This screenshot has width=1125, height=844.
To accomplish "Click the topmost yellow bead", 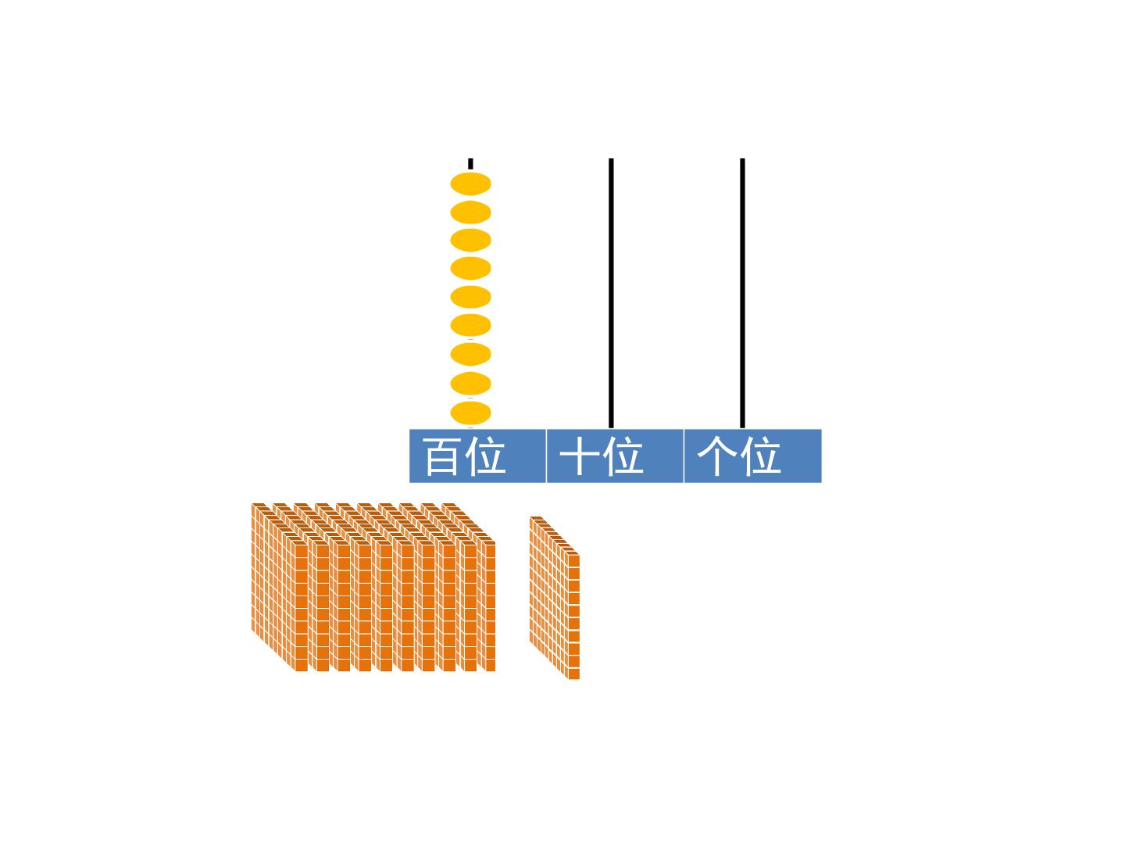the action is point(470,184).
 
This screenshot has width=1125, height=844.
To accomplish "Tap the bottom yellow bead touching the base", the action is point(470,413).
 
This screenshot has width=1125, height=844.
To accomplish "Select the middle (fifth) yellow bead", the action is point(470,297).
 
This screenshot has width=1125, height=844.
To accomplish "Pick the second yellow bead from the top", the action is point(470,212).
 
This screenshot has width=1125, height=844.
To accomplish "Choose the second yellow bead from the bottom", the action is point(470,384).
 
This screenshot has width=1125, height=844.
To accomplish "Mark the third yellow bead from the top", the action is point(470,241).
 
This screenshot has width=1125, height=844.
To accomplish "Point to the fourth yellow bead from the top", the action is point(470,269).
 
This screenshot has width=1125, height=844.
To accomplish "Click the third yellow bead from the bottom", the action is point(470,354).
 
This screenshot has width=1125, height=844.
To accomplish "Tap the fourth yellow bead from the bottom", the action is point(470,325).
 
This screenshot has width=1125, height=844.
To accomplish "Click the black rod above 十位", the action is point(611,293).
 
